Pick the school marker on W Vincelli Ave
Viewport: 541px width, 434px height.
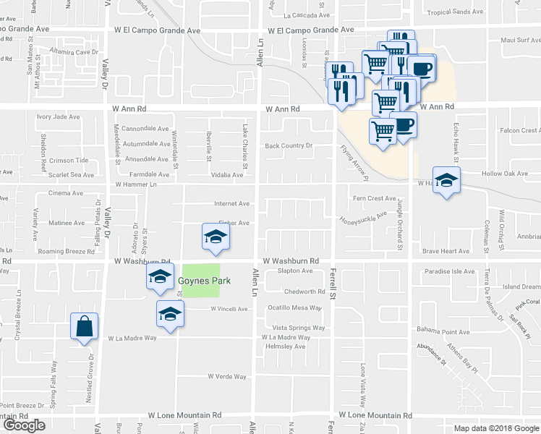(170, 314)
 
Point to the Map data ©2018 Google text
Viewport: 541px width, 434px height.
(495, 428)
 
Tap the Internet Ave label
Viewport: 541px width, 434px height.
(231, 204)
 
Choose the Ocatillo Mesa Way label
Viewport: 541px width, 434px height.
(295, 307)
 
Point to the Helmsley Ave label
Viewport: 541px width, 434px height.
(285, 346)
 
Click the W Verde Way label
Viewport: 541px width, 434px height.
(227, 377)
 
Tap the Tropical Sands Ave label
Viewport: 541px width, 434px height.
(475, 12)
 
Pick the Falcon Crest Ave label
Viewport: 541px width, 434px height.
(520, 130)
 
